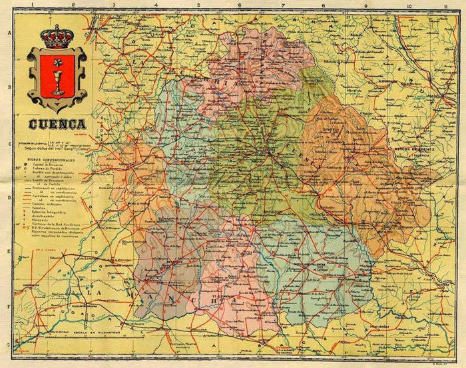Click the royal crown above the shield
point(57,37)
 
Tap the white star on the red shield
point(57,62)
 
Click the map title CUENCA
point(57,124)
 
